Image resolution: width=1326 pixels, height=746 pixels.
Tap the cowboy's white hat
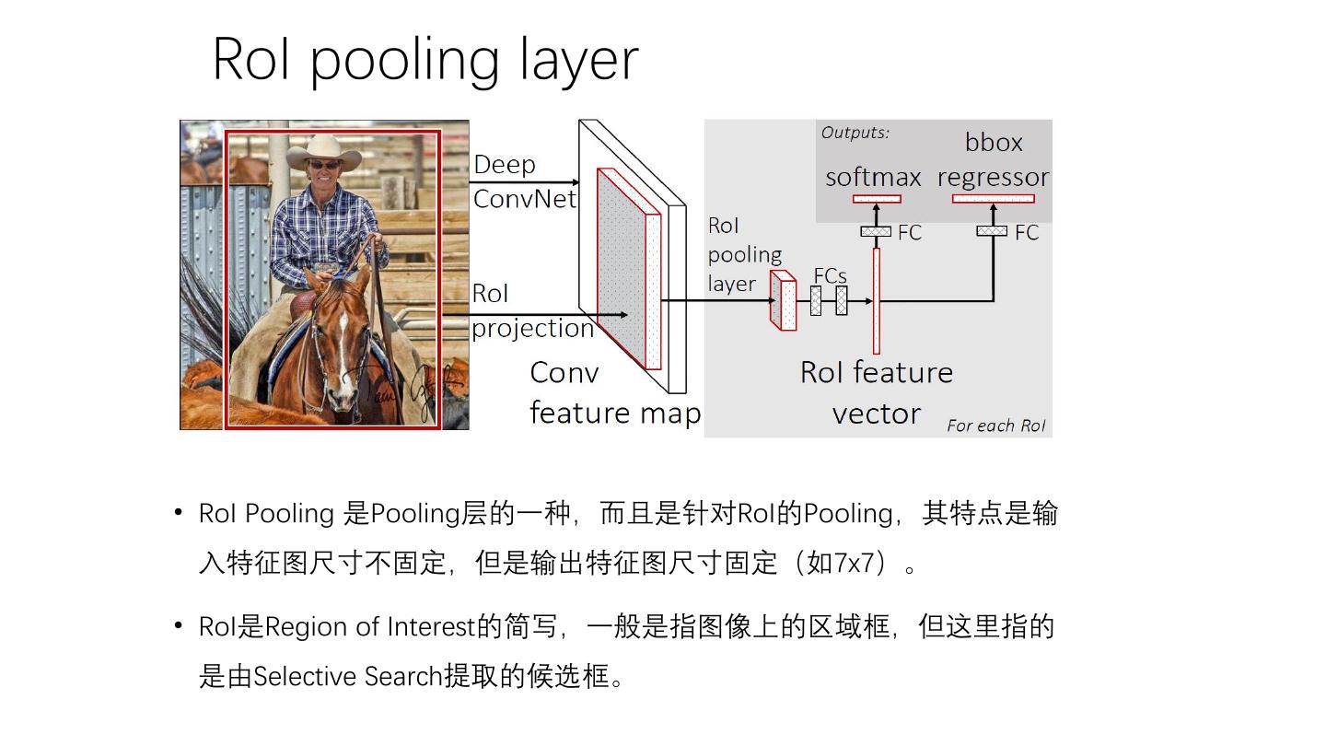324,150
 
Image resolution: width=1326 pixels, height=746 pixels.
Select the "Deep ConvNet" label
525,181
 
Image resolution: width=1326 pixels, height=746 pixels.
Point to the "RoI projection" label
532,311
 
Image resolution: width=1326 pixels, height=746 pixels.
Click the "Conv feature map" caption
614,392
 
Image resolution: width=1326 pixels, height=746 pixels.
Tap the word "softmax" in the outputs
873,177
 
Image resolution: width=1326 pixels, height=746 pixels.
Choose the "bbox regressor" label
993,159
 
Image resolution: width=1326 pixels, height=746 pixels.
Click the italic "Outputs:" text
855,133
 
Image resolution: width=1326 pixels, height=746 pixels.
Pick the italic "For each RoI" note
996,425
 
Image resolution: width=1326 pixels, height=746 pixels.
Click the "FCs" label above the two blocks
830,275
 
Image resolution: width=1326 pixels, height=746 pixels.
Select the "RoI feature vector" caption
876,392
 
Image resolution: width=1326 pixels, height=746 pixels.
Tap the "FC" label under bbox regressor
1027,233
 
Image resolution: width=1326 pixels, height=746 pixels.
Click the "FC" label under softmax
909,233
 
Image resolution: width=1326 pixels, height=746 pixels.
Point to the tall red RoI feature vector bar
876,300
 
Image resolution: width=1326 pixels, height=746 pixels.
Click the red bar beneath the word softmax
877,199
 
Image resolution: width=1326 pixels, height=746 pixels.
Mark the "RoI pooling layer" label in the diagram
744,255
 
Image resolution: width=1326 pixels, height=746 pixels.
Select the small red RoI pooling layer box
783,301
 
